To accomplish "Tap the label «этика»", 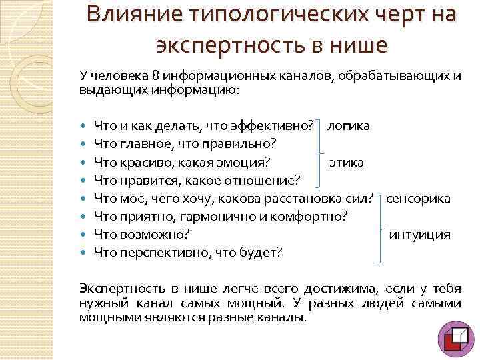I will tap(347, 161).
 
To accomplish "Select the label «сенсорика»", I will tap(419, 198).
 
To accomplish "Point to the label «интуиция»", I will tap(419, 234).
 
